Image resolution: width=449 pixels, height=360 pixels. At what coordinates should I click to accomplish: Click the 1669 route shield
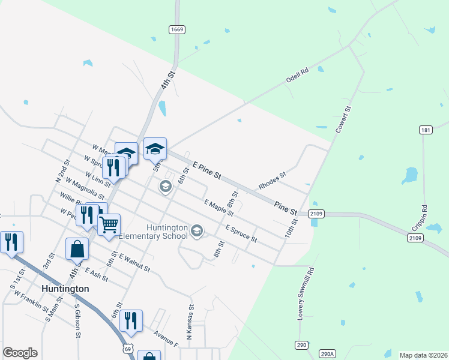pos(176,29)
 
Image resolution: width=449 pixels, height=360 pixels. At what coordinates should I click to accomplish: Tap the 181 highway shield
pos(426,130)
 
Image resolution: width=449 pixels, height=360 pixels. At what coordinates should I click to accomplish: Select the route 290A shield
pos(326,353)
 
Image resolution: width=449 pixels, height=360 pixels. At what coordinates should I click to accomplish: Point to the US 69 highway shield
pos(126,348)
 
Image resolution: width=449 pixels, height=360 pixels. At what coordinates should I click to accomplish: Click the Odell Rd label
pos(297,74)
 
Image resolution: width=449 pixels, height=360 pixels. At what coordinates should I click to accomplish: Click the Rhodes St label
pos(273,181)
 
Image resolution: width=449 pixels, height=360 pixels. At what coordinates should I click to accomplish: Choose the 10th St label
pos(292,228)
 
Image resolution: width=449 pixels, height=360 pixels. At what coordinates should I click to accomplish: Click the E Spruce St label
pos(241,234)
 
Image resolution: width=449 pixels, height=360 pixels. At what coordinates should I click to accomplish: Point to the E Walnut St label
pos(134,263)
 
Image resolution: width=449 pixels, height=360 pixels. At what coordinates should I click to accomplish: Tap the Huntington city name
pos(65,289)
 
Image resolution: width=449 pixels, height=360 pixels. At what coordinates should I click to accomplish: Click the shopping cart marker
pos(109,226)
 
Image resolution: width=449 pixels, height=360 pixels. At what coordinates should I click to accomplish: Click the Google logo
pos(20,353)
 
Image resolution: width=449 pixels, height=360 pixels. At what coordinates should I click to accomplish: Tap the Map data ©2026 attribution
pos(423,355)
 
